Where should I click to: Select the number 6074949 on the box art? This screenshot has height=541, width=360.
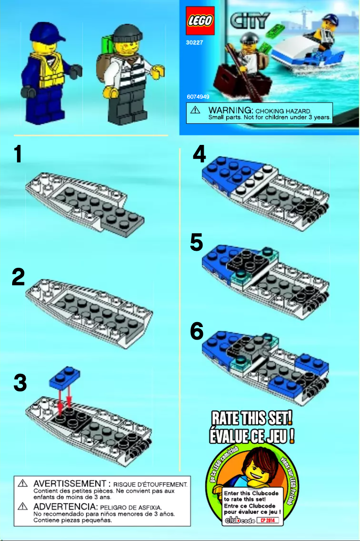pyautogui.click(x=198, y=96)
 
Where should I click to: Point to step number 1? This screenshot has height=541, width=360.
pyautogui.click(x=18, y=154)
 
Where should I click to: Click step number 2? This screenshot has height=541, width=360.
pyautogui.click(x=18, y=278)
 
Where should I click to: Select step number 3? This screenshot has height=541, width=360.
pyautogui.click(x=20, y=384)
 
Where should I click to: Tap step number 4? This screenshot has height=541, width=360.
pyautogui.click(x=199, y=155)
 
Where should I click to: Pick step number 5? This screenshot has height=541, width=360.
pyautogui.click(x=197, y=243)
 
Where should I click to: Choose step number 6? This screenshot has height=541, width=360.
pyautogui.click(x=197, y=332)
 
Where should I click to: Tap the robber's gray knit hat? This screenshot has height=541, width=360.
pyautogui.click(x=127, y=33)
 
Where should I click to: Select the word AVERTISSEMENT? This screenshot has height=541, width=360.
pyautogui.click(x=70, y=484)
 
